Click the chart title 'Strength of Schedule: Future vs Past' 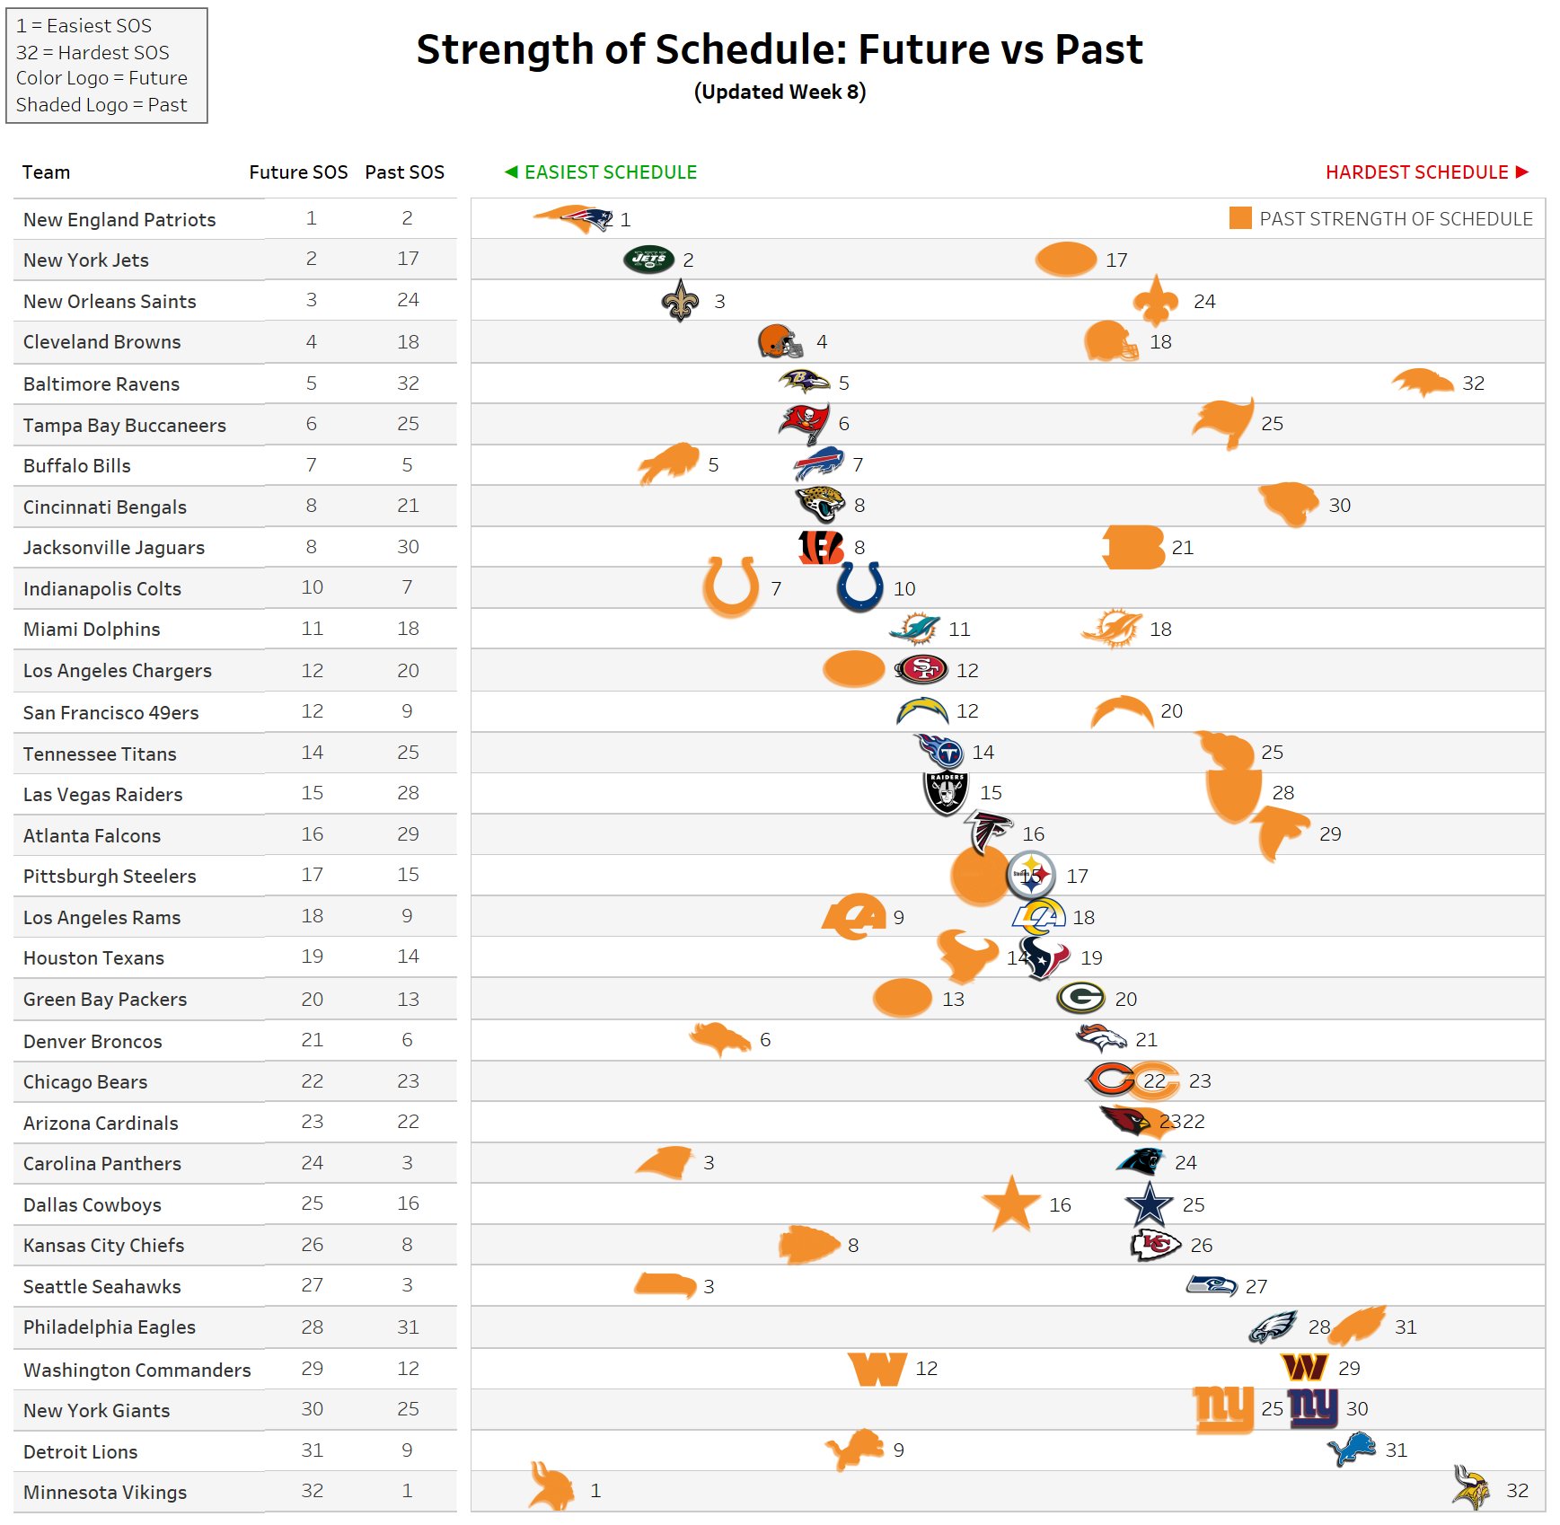point(779,49)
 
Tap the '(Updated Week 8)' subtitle point(780,93)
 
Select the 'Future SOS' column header point(298,172)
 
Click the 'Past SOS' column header point(404,172)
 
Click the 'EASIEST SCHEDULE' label point(610,172)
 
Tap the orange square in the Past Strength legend point(1239,218)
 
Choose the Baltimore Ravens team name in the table point(101,384)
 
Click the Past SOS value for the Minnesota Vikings point(407,1491)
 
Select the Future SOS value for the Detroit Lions point(312,1450)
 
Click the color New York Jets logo point(648,260)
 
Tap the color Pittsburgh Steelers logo point(1030,875)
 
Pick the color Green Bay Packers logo point(1080,998)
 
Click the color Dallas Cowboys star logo point(1149,1204)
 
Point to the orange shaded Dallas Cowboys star point(1011,1204)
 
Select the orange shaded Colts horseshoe point(730,586)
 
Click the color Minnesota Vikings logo point(1470,1488)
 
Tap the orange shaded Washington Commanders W point(877,1369)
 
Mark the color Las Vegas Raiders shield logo point(946,793)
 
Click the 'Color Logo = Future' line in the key point(101,78)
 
